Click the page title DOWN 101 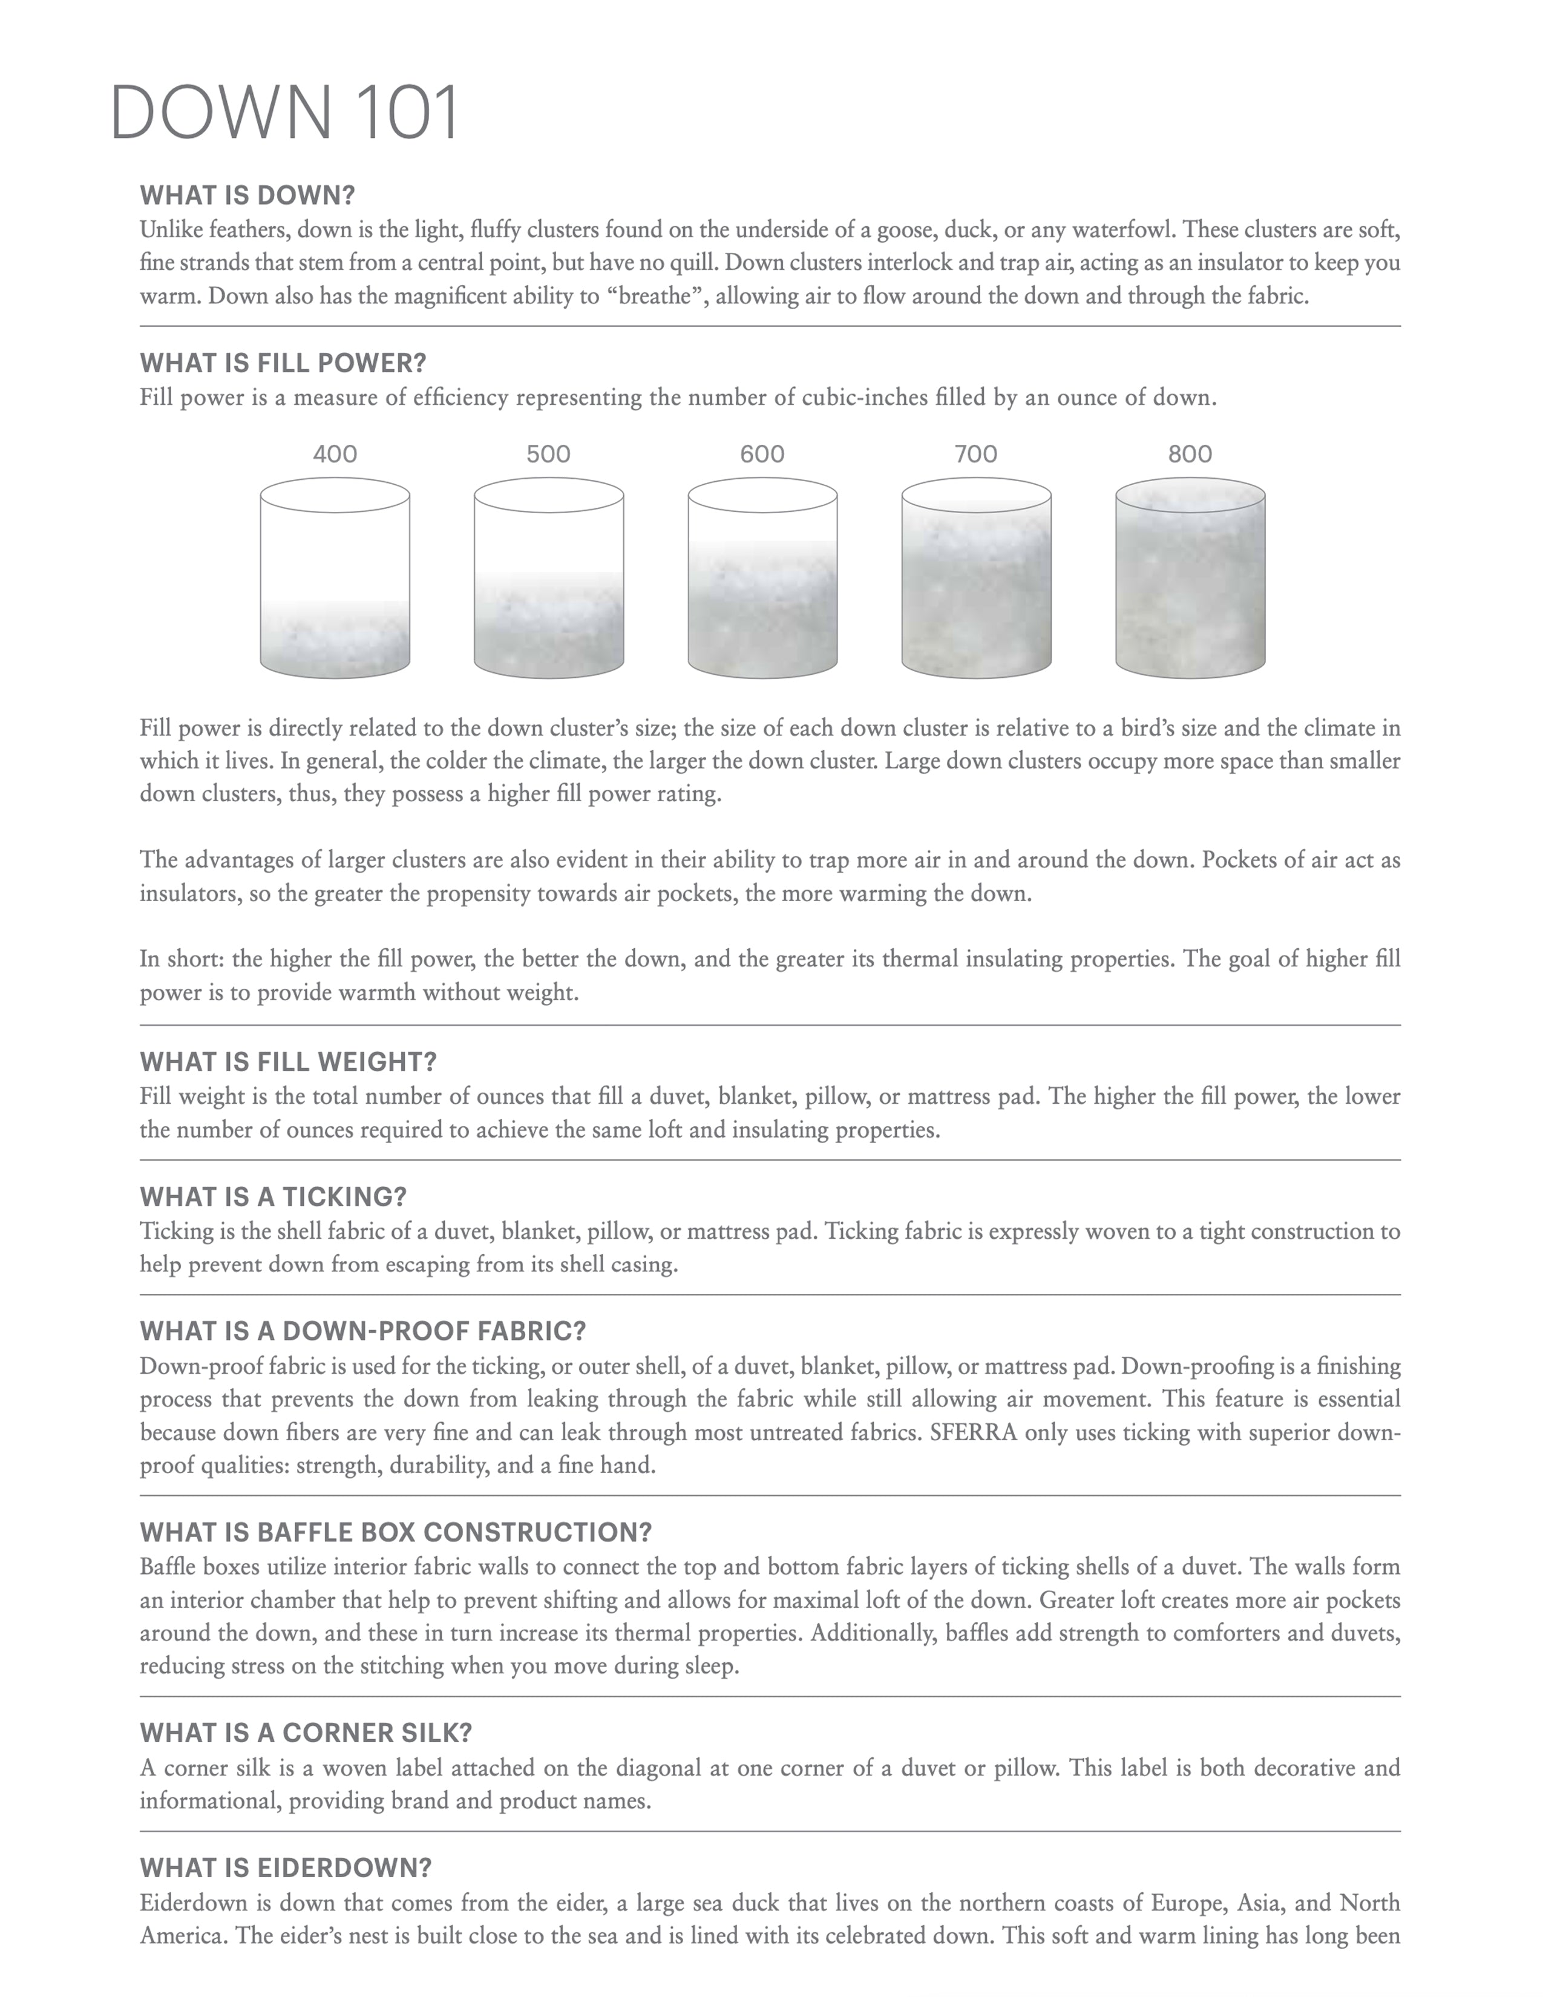[x=283, y=113]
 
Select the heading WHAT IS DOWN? [x=247, y=195]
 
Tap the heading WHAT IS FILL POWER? [x=283, y=363]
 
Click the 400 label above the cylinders [x=335, y=453]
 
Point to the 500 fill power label [x=548, y=453]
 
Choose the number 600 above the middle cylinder [x=762, y=453]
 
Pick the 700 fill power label [x=975, y=453]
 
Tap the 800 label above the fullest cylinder [x=1189, y=453]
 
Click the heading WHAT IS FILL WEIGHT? [x=288, y=1061]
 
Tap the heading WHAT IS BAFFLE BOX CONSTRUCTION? [x=395, y=1532]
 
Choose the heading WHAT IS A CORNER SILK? [x=306, y=1733]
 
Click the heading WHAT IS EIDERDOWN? [x=285, y=1867]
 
